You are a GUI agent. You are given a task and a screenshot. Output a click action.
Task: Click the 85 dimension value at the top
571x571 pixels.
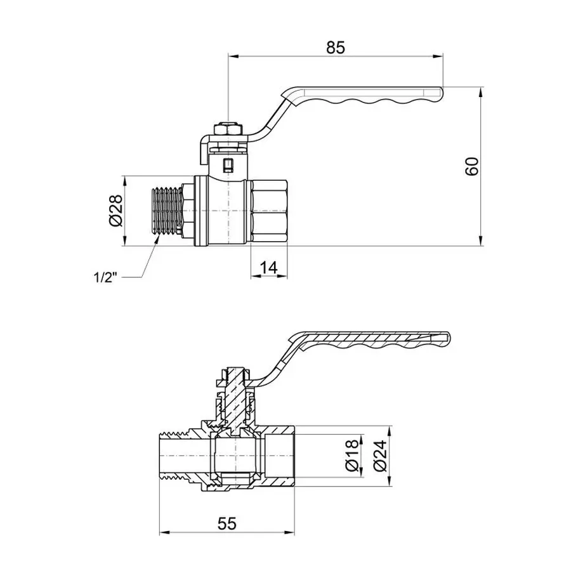click(x=335, y=48)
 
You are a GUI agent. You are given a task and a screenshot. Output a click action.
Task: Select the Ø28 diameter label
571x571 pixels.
click(x=114, y=211)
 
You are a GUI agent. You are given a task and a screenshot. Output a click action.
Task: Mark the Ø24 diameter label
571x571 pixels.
click(x=380, y=456)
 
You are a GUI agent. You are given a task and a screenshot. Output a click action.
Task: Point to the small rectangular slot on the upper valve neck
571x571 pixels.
click(x=228, y=167)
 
